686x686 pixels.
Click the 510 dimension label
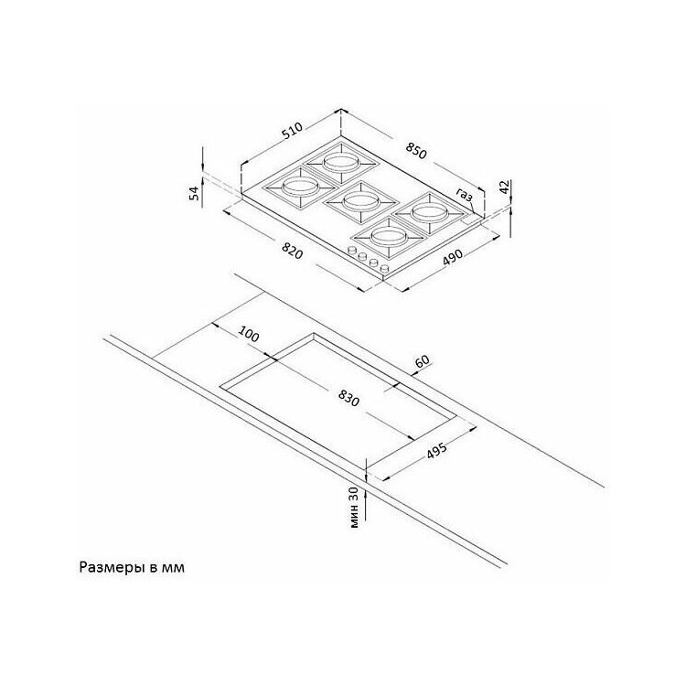point(293,131)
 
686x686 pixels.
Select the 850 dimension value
point(415,151)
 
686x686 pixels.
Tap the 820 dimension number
point(293,251)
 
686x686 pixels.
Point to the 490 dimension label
point(453,257)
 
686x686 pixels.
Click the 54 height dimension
point(194,192)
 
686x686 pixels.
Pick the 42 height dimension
point(504,187)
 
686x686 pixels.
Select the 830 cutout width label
point(348,398)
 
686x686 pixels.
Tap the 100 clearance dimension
point(248,335)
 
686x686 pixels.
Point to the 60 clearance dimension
point(423,362)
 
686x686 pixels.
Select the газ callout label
point(465,194)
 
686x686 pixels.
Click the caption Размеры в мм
point(132,567)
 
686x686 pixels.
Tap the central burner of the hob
point(360,202)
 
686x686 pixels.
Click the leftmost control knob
point(352,252)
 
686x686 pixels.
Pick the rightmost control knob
point(384,268)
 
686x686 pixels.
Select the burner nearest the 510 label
point(341,163)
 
